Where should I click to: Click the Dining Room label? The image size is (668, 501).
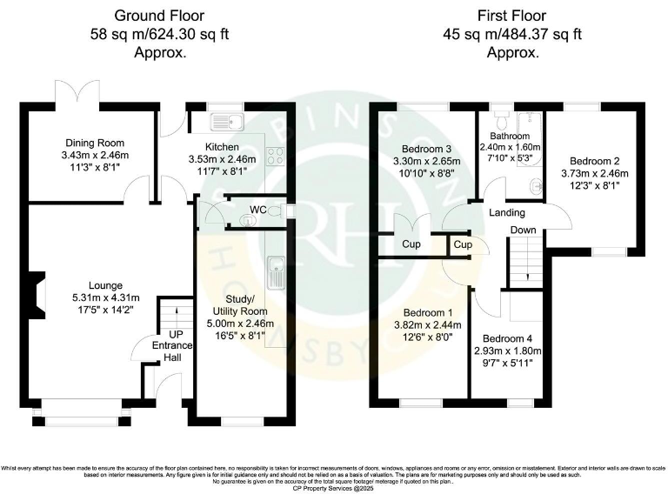point(95,144)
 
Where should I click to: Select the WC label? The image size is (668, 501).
point(257,210)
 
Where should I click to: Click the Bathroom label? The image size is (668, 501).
point(510,136)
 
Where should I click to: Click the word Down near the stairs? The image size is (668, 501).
point(523,230)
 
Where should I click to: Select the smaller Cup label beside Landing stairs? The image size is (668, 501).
point(463,245)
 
